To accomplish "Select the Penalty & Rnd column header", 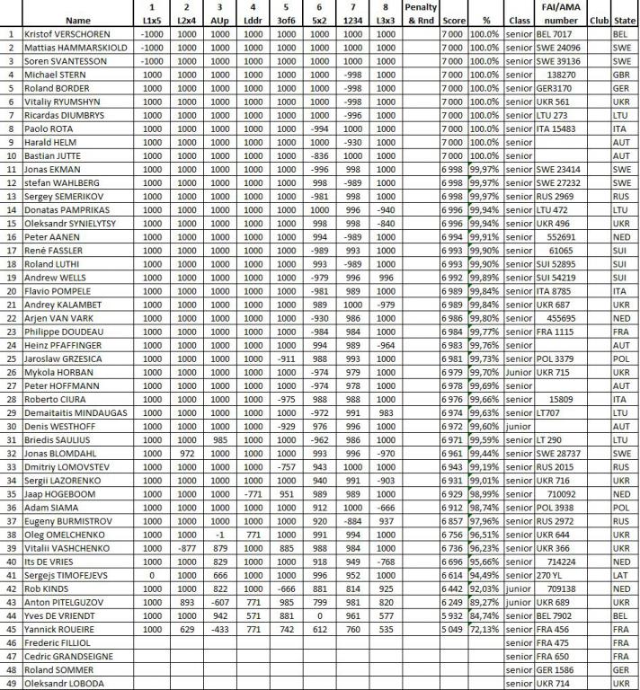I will pyautogui.click(x=421, y=13).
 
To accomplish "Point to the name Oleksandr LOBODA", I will pyautogui.click(x=66, y=682).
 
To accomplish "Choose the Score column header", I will pyautogui.click(x=453, y=19).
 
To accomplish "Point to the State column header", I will pyautogui.click(x=620, y=19).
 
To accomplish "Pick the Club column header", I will pyautogui.click(x=595, y=19).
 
